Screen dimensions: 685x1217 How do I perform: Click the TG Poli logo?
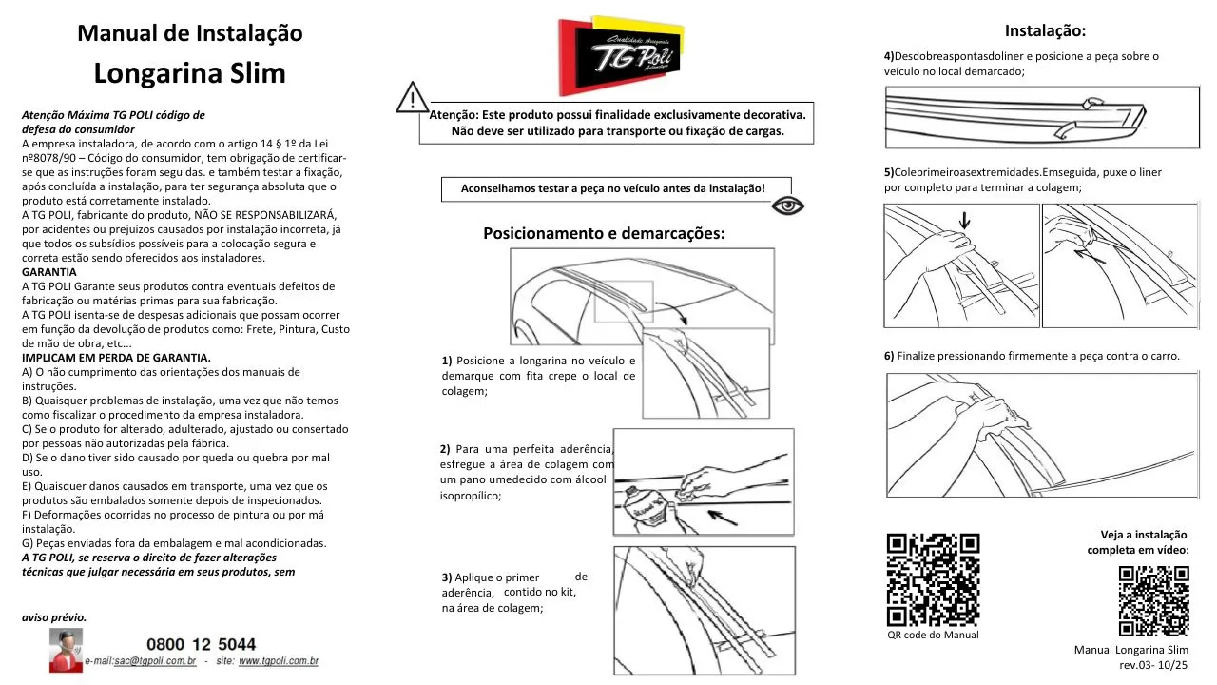(623, 54)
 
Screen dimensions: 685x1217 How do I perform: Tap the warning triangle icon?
(412, 98)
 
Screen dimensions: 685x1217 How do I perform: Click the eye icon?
(788, 205)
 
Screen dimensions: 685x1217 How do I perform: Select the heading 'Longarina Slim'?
(189, 73)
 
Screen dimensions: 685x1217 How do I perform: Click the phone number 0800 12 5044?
(201, 645)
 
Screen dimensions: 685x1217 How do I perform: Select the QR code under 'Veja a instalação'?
(1153, 600)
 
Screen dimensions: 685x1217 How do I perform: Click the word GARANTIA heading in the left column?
(48, 272)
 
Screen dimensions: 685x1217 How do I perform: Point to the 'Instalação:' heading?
(1045, 30)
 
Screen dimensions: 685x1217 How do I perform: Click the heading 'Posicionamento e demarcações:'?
(604, 233)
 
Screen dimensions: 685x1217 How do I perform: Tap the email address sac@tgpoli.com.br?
(155, 660)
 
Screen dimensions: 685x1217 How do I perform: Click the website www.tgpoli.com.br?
(278, 660)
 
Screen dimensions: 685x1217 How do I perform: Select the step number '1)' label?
(447, 361)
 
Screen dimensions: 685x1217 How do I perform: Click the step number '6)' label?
(889, 356)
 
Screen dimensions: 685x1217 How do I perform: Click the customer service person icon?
(66, 650)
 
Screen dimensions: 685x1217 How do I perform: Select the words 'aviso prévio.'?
(54, 617)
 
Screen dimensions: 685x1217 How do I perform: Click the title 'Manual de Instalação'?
(189, 33)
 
